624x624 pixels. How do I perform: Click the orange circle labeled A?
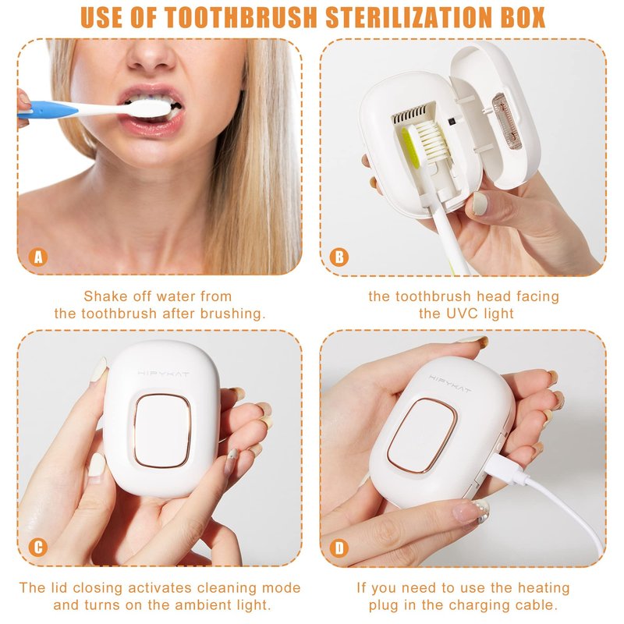point(38,257)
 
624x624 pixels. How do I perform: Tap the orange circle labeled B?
point(339,257)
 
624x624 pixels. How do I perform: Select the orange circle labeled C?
point(38,548)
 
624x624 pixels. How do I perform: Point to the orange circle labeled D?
point(339,548)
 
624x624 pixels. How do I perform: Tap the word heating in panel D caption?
point(544,588)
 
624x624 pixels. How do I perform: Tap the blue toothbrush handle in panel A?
point(50,110)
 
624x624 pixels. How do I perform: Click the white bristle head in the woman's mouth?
point(150,108)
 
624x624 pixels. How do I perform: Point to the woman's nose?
point(151,55)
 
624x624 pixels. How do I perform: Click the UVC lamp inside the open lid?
point(506,121)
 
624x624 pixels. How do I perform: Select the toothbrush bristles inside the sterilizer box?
point(431,140)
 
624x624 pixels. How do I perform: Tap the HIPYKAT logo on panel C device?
point(164,374)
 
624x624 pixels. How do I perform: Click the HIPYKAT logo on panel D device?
point(450,383)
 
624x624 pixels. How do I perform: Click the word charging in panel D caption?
point(477,605)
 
